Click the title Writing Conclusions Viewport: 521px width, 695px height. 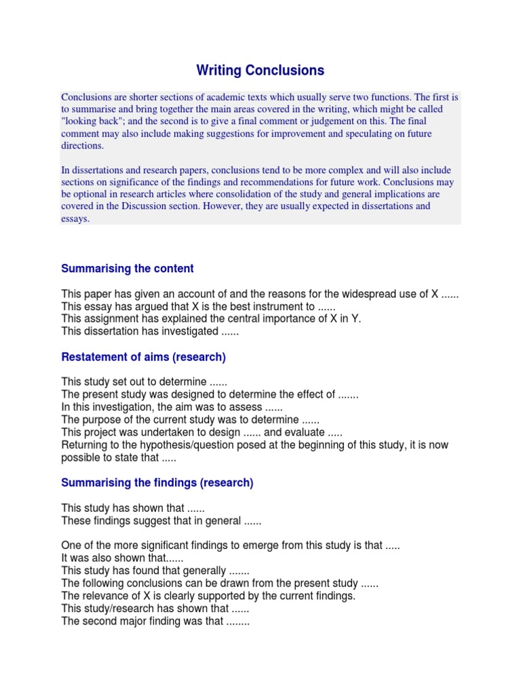[x=260, y=70]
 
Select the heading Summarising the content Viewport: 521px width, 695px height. [x=128, y=269]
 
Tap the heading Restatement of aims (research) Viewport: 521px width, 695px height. [x=143, y=357]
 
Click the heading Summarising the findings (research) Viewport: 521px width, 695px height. [x=157, y=483]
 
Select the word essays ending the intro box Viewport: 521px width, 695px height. [x=75, y=219]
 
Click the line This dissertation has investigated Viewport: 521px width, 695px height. [x=149, y=332]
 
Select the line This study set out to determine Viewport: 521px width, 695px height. [x=144, y=382]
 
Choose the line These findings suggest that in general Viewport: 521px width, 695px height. [x=161, y=521]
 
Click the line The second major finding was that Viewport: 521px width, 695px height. [x=155, y=621]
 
